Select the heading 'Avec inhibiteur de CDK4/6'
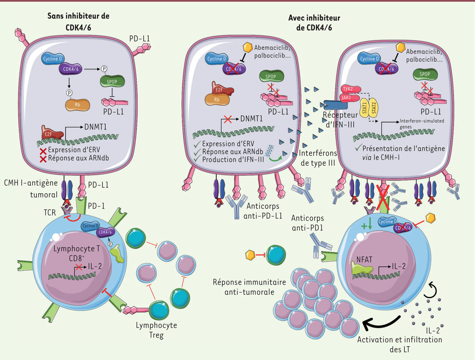(x=315, y=23)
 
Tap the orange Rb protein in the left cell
(x=78, y=105)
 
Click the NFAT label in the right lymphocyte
(x=361, y=262)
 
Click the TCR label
(x=49, y=212)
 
